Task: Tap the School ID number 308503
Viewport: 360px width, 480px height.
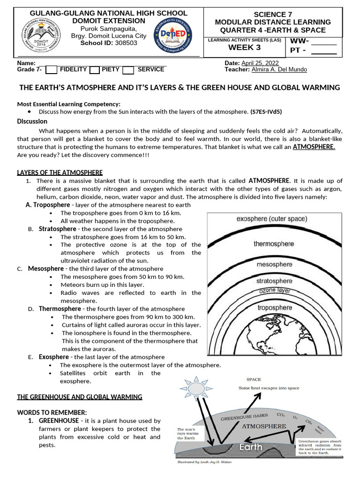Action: coord(127,43)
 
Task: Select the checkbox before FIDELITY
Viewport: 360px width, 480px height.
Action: coord(52,70)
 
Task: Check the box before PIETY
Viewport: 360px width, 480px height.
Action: coord(94,70)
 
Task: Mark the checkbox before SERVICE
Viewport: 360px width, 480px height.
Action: coord(128,70)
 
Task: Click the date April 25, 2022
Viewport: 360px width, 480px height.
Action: coord(266,63)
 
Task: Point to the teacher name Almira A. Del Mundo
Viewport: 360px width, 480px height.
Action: coord(279,69)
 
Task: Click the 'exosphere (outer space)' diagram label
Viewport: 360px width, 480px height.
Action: coord(272,219)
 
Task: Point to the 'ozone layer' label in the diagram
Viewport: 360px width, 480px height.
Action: coord(275,291)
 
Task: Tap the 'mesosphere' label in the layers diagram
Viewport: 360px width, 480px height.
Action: coord(275,264)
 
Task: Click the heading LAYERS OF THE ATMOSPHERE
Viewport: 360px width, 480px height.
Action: coord(60,172)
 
